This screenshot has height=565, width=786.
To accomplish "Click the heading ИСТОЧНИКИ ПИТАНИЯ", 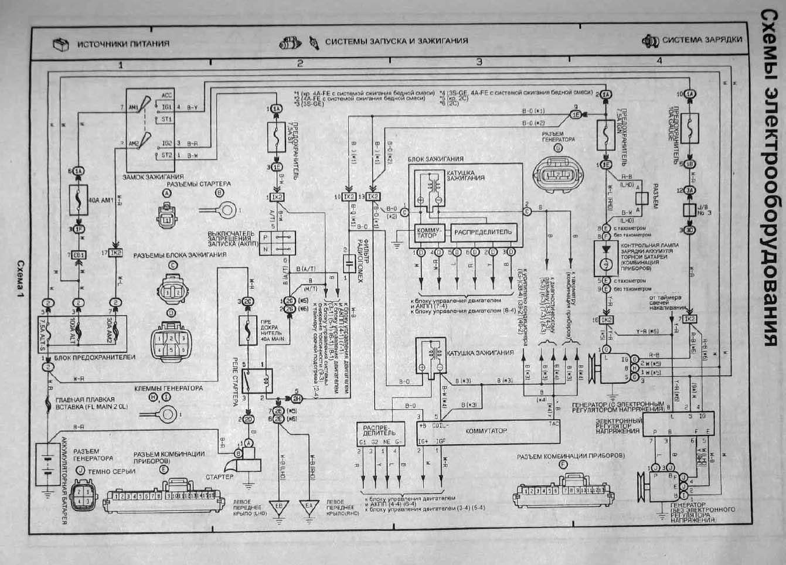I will [x=123, y=44].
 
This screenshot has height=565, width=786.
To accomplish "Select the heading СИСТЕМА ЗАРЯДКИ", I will [x=702, y=40].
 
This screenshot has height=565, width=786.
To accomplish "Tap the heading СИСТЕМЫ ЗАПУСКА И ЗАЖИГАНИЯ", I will [x=396, y=41].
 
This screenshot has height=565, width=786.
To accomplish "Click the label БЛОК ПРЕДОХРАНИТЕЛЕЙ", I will [x=94, y=357].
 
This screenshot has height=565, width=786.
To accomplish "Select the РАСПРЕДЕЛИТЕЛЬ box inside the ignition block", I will [x=484, y=232].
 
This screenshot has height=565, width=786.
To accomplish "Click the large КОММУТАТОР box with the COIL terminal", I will [x=486, y=431].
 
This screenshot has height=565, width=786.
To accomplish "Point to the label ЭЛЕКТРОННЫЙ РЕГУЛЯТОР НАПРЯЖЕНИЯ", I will [x=617, y=426].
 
